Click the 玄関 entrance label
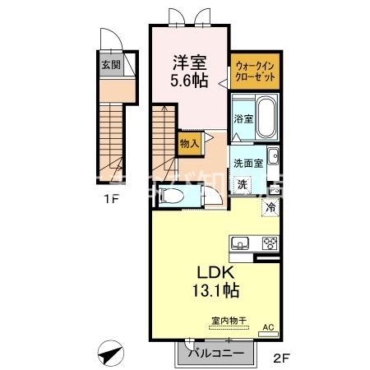[x=109, y=63]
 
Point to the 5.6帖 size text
[x=188, y=81]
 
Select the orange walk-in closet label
[x=256, y=71]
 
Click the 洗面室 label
[x=247, y=162]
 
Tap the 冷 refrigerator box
[x=271, y=207]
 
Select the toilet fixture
[x=174, y=196]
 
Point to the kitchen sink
[x=240, y=243]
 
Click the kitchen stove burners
[x=271, y=243]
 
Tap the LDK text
[x=216, y=272]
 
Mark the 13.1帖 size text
[x=216, y=291]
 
